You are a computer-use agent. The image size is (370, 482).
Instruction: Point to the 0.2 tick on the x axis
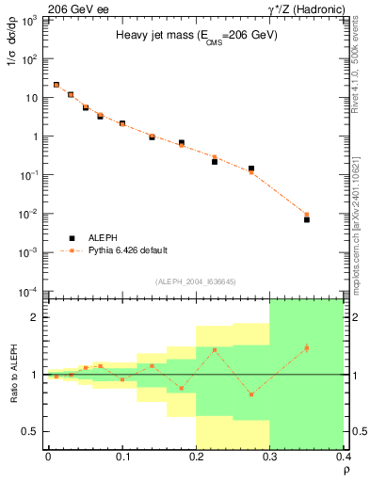pos(196,457)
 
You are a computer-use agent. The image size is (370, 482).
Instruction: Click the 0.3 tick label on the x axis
pos(270,457)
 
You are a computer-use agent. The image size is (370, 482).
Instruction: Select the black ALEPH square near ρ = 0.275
pos(251,169)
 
